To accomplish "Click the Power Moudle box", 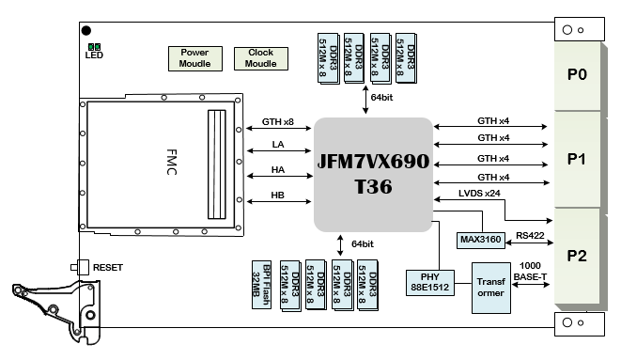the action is coord(195,58).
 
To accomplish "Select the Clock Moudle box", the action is coord(261,58).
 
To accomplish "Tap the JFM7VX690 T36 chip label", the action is coord(373,174).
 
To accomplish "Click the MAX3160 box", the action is coord(481,240).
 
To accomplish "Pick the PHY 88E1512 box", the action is coord(430,282).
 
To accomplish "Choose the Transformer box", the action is coord(491,288).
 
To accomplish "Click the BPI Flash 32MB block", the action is coord(262,285).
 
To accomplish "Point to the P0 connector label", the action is coord(577,74).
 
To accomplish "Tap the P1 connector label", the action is coord(577,159).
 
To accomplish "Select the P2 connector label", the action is coord(577,256).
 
